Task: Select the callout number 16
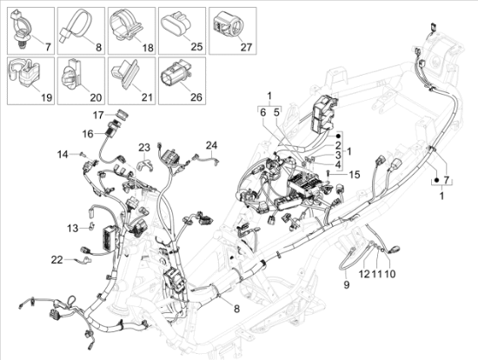coord(88,133)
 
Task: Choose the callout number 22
coord(56,259)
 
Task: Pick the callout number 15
coord(354,175)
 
